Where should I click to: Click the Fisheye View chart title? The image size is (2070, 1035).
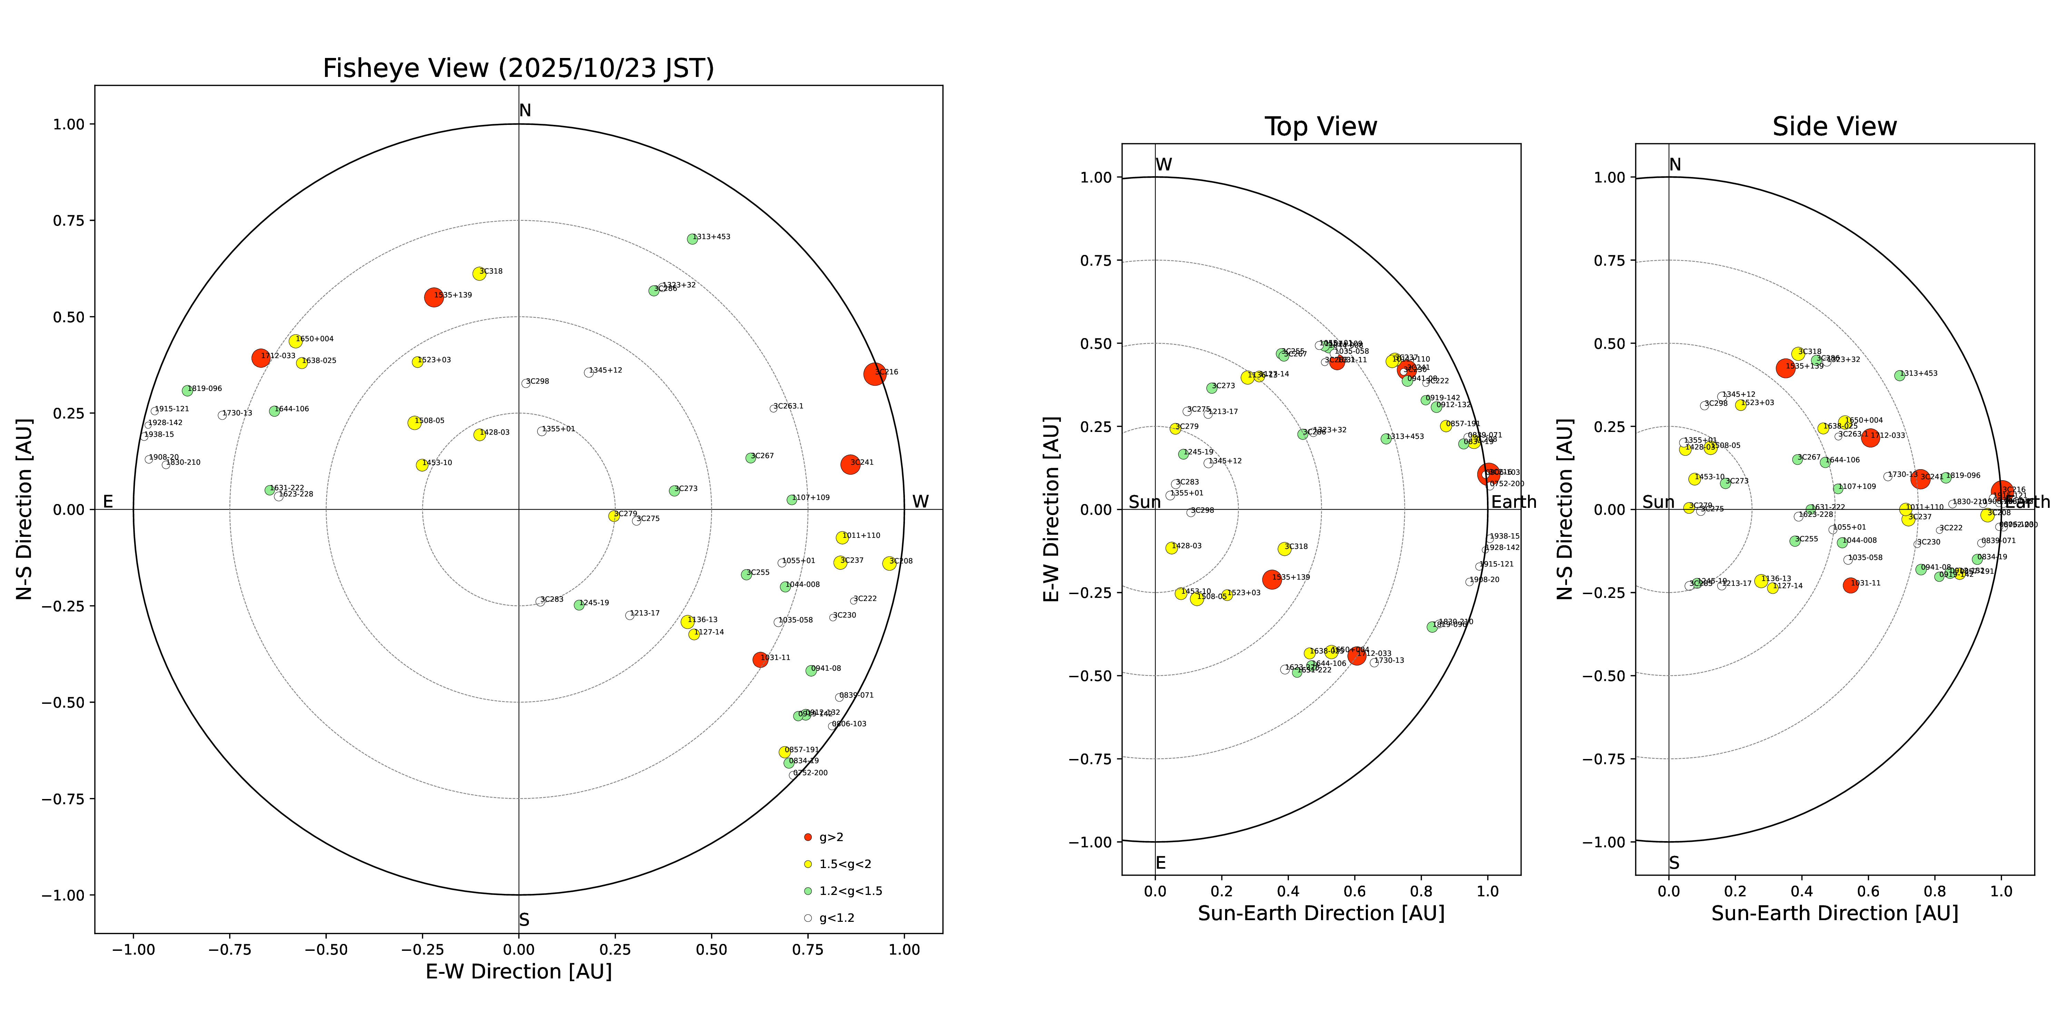518,68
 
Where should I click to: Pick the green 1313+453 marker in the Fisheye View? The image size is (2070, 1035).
692,239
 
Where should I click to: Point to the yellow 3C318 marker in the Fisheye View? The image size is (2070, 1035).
479,273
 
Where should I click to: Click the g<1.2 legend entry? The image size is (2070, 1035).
836,918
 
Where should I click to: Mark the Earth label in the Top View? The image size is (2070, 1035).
1513,502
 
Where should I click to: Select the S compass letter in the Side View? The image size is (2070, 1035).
1674,863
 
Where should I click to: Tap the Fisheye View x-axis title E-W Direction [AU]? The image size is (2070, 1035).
518,972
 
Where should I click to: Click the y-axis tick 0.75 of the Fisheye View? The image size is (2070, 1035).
68,220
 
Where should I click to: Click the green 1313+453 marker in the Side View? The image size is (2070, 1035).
1900,375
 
